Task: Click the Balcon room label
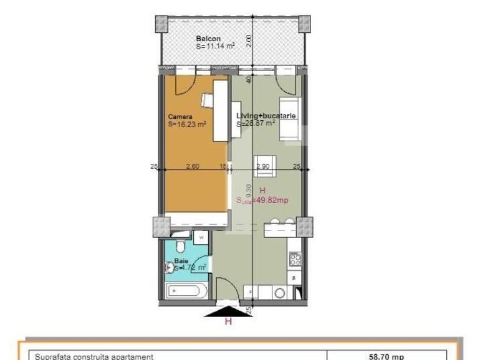click(x=208, y=39)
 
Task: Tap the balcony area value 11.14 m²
click(x=215, y=46)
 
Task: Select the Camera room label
click(x=180, y=116)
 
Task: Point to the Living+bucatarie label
click(x=266, y=116)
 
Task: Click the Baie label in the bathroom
click(x=181, y=260)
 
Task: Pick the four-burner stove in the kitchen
click(x=295, y=257)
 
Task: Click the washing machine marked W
click(x=201, y=237)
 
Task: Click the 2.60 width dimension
click(x=193, y=166)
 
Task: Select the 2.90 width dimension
click(x=263, y=166)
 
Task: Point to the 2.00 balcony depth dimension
click(x=248, y=40)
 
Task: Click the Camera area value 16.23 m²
click(x=187, y=124)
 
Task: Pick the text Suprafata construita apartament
click(x=94, y=356)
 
